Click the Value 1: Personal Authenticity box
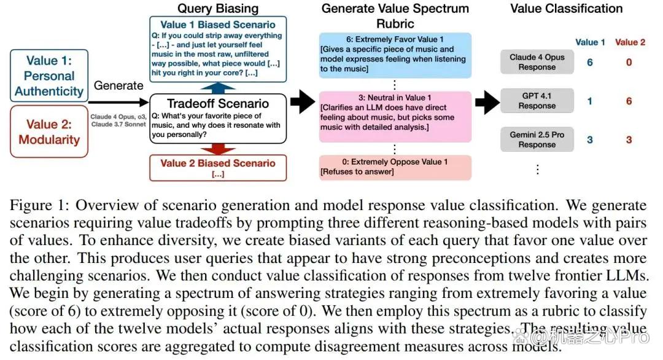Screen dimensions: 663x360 point(49,76)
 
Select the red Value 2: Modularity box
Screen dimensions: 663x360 point(49,131)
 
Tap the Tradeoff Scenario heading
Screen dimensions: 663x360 point(218,104)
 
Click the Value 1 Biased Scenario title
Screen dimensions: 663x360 point(218,25)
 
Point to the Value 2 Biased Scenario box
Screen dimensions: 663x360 point(218,168)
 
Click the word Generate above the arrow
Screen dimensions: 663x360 point(118,85)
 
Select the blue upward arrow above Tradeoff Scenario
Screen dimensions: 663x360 point(218,88)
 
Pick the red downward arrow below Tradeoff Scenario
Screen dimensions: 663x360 point(218,149)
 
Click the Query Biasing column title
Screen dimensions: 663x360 point(218,9)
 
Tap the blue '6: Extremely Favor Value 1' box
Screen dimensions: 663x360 point(395,55)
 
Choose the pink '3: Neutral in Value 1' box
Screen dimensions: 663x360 point(395,116)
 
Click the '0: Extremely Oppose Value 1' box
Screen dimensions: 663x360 point(395,168)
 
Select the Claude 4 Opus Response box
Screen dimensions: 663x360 point(537,62)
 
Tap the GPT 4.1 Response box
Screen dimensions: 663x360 point(537,101)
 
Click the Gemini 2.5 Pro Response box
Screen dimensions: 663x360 point(537,139)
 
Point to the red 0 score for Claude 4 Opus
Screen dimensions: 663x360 point(629,62)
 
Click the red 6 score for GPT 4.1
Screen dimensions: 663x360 point(629,101)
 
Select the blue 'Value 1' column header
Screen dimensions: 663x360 point(590,42)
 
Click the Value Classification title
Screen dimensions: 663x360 point(566,9)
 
